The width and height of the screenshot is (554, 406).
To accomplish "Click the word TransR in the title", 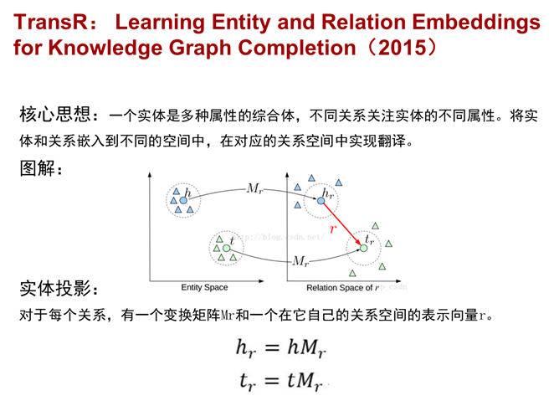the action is coord(50,22).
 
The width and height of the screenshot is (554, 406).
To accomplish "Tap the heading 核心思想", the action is coord(55,115).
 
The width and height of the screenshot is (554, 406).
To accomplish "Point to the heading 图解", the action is coord(38,168).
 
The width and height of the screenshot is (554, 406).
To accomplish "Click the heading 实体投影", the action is coord(55,288).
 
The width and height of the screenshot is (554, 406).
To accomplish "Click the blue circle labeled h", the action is coord(183,200).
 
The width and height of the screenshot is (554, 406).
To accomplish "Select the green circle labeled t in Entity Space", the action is coord(227,249).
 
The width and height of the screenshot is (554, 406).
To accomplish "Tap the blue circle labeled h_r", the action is coord(321,201).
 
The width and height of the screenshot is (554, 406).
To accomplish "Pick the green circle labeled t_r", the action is coord(363,249).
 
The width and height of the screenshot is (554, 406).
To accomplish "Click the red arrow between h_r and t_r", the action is coord(342,224).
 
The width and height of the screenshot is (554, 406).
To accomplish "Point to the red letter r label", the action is coord(333,229).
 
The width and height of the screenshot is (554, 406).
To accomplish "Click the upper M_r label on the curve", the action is coord(254,188).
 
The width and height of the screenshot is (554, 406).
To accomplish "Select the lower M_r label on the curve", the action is coord(300,261).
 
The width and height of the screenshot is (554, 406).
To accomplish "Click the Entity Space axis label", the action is coord(204,287).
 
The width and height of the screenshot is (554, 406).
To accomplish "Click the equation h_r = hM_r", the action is coord(281,347).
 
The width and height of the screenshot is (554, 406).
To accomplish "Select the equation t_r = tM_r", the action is coord(281,381).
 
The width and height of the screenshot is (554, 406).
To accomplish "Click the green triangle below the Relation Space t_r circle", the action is coord(352,273).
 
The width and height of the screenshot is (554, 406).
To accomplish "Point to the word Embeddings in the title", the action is coord(476,23).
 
